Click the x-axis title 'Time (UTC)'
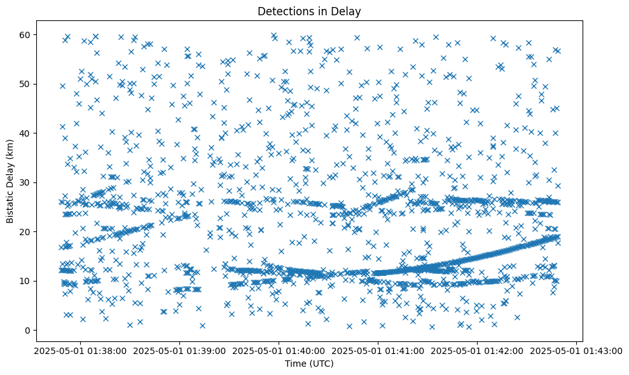click(x=308, y=364)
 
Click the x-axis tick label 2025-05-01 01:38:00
click(x=80, y=350)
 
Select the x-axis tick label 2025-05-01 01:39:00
click(x=179, y=350)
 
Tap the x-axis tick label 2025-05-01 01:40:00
click(x=279, y=350)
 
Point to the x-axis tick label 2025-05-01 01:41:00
click(x=378, y=350)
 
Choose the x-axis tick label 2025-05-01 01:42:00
click(x=477, y=350)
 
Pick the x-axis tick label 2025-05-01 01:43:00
click(x=576, y=350)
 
